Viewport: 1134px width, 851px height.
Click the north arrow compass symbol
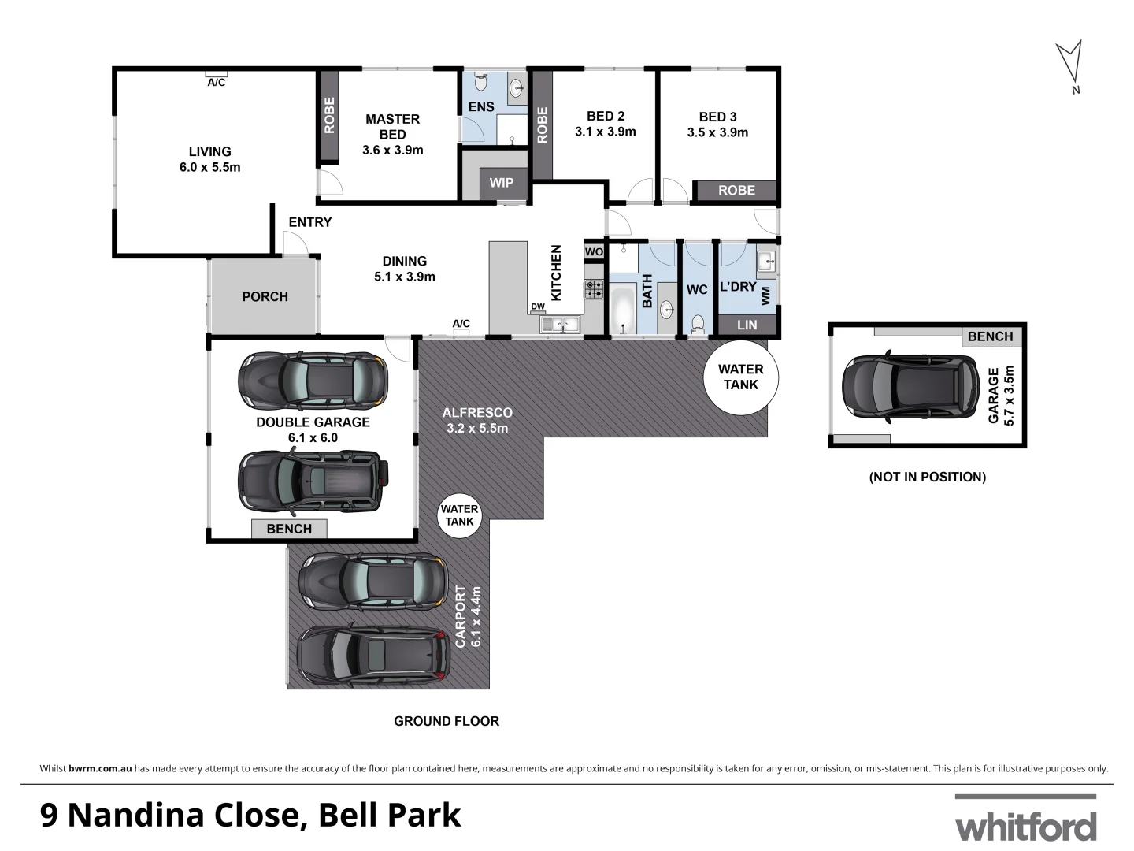point(1069,63)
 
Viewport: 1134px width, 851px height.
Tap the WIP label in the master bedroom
point(502,183)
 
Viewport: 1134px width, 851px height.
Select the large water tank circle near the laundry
point(740,377)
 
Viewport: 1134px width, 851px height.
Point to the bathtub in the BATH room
point(623,310)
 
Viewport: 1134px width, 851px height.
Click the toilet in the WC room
point(697,324)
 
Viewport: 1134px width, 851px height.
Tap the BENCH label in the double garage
point(289,529)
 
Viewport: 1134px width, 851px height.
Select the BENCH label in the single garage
point(990,336)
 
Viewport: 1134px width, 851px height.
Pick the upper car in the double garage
point(313,381)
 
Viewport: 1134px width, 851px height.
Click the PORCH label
point(265,296)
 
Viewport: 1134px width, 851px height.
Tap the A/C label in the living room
point(217,82)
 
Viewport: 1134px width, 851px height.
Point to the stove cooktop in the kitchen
point(594,289)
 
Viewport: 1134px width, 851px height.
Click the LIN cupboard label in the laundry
point(747,325)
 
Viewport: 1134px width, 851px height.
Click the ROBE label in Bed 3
point(736,190)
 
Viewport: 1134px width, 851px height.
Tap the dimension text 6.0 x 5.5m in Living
point(209,167)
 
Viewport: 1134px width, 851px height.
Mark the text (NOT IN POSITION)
point(927,477)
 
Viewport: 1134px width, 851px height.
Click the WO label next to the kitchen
point(594,251)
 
